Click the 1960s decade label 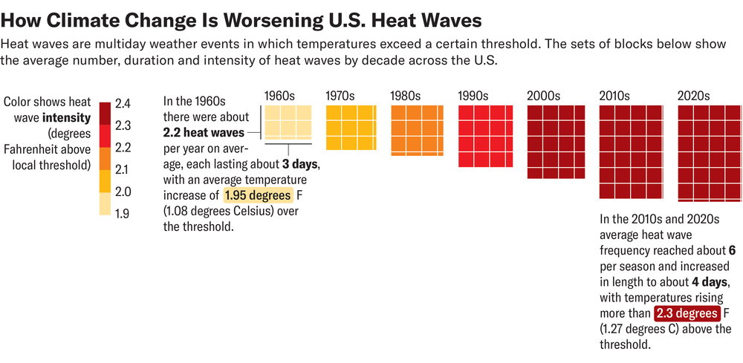click(x=280, y=96)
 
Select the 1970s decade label click(x=341, y=96)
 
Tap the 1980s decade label click(x=406, y=96)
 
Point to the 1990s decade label click(x=473, y=96)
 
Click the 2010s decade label click(x=614, y=96)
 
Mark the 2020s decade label click(x=693, y=96)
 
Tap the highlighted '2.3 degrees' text click(x=687, y=313)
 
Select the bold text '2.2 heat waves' click(x=203, y=133)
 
